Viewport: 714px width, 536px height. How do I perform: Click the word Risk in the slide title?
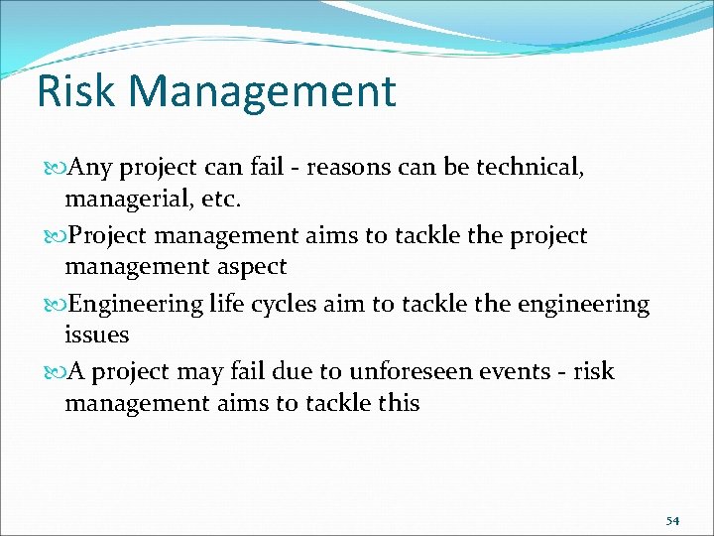point(77,91)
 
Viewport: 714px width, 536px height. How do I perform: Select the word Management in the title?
point(263,91)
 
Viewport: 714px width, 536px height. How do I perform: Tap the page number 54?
point(672,520)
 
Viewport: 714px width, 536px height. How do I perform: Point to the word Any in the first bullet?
point(88,168)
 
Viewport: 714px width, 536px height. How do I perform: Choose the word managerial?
point(123,199)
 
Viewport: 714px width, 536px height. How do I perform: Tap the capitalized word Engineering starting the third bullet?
point(138,305)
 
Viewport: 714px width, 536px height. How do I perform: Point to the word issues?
point(96,335)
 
